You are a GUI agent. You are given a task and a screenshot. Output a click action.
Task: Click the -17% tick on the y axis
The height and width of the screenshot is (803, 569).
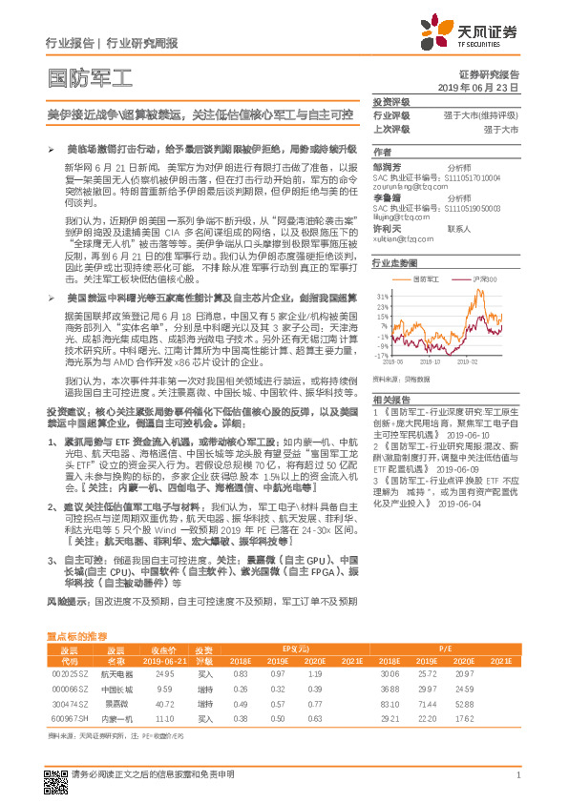click(382, 355)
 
